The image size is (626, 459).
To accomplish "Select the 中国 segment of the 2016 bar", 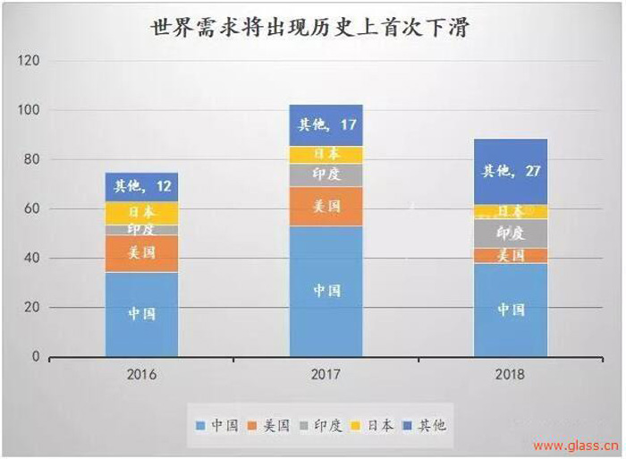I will (x=141, y=313).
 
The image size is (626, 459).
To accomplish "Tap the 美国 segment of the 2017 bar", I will (x=326, y=206).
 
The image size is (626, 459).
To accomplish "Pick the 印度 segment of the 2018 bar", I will (x=511, y=233).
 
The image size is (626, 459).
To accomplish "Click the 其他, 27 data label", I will (x=511, y=171).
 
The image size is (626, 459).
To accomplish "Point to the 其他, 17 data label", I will (x=326, y=124).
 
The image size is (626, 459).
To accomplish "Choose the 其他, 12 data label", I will (x=141, y=186).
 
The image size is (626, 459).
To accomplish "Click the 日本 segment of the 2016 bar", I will (x=141, y=212).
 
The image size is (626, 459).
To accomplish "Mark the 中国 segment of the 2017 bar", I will (x=326, y=291).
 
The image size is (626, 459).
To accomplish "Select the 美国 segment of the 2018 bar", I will (x=511, y=256).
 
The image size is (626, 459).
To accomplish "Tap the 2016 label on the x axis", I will (x=141, y=374).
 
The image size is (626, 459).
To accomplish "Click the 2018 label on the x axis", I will (x=511, y=374).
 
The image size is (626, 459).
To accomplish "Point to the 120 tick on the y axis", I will (x=30, y=61).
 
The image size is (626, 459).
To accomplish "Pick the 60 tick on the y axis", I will (x=32, y=208).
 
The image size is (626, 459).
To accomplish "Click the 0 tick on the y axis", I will (x=37, y=357).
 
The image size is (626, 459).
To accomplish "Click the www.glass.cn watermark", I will (x=576, y=445).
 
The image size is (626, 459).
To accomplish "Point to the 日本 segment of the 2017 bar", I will (x=326, y=154).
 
